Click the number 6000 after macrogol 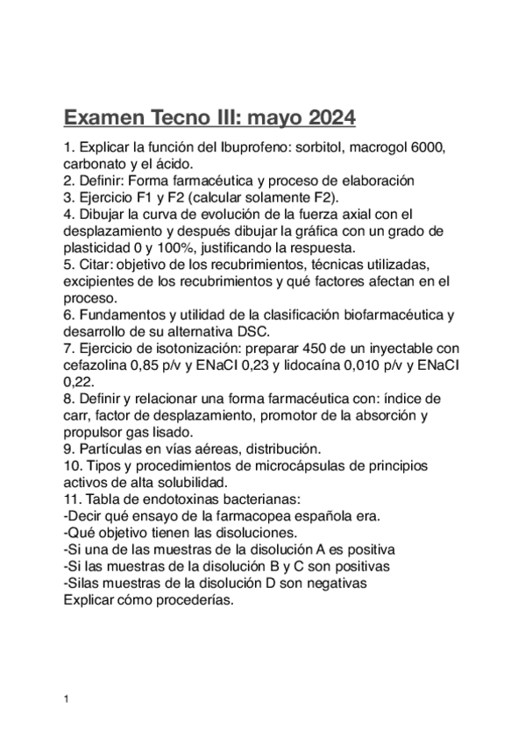point(429,148)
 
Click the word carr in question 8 point(77,414)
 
